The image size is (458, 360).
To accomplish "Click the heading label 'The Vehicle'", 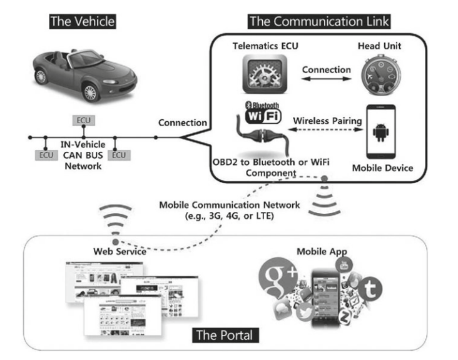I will [83, 21].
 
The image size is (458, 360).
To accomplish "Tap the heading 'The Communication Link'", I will [319, 21].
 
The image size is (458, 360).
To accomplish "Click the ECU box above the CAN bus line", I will [83, 119].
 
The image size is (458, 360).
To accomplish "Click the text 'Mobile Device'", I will [382, 168].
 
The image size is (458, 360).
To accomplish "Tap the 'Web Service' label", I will [120, 252].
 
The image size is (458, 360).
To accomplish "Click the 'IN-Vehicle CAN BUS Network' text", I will [81, 156].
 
